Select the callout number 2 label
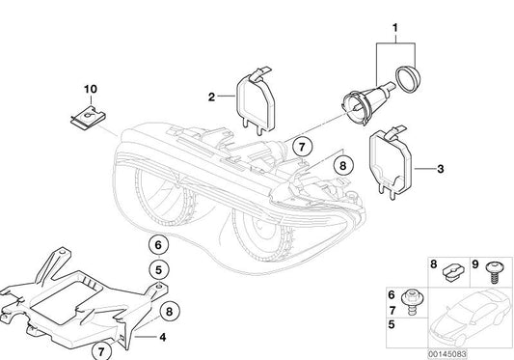pos(208,96)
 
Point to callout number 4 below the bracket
pos(162,338)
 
